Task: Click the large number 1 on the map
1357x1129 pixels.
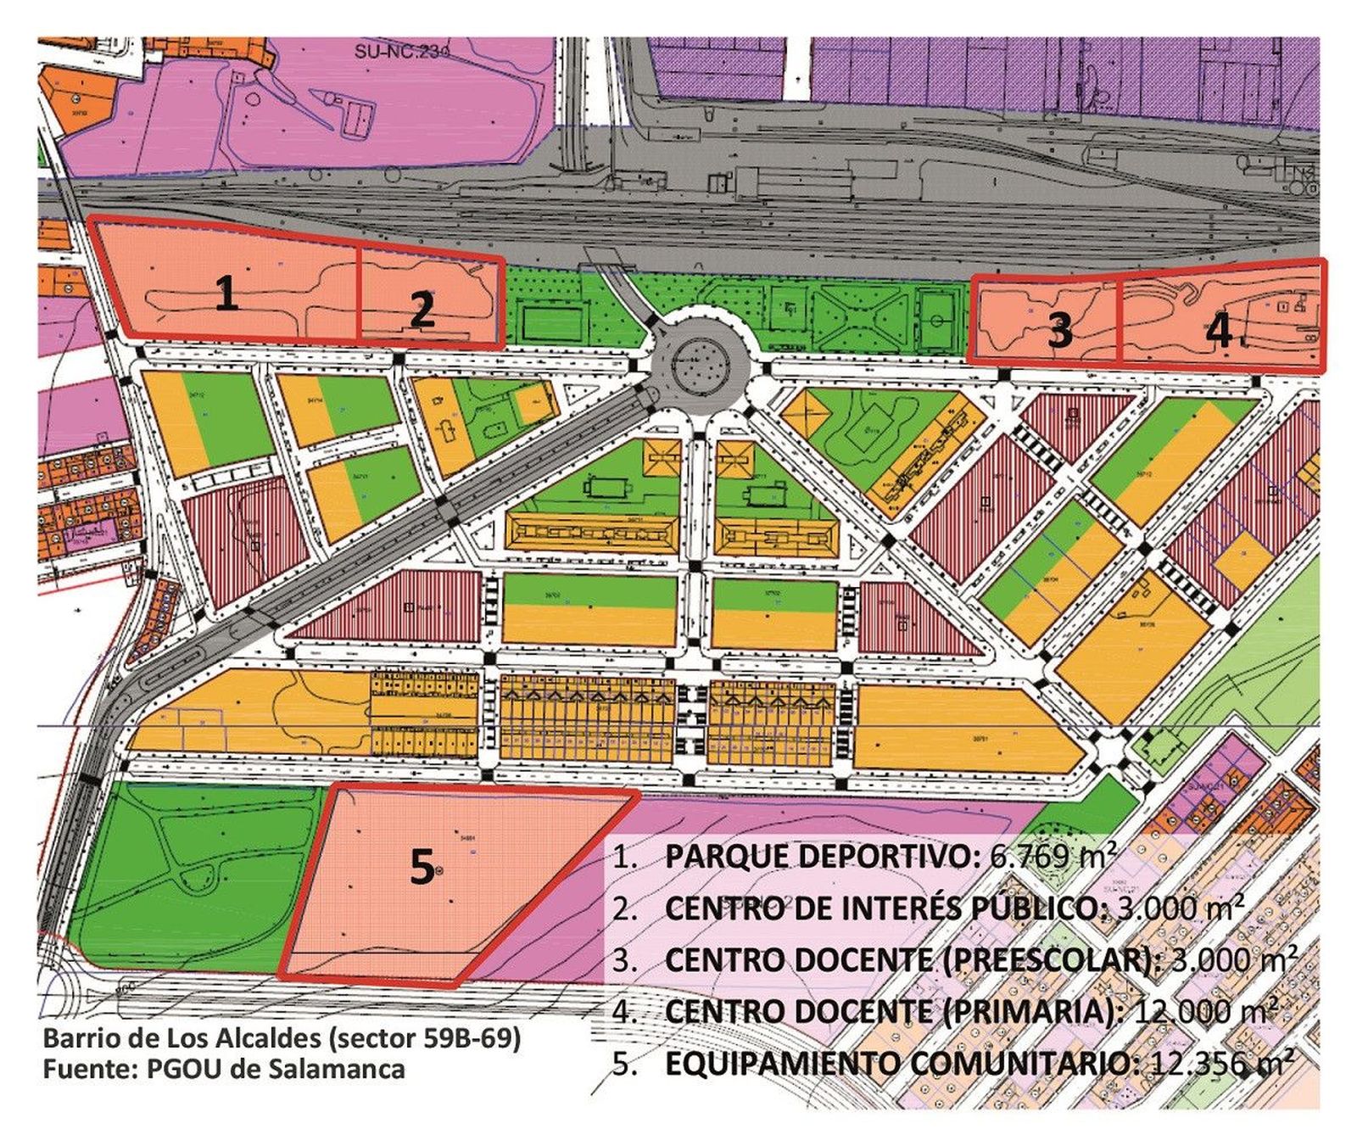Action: pos(226,294)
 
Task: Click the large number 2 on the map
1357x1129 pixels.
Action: pos(422,310)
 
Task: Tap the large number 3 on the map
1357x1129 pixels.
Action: pos(1060,331)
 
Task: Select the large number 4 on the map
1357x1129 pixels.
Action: pos(1220,330)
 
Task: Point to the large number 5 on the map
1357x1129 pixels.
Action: pos(422,868)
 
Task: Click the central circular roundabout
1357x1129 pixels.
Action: pos(701,366)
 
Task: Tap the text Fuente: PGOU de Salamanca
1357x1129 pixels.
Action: pos(224,1069)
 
